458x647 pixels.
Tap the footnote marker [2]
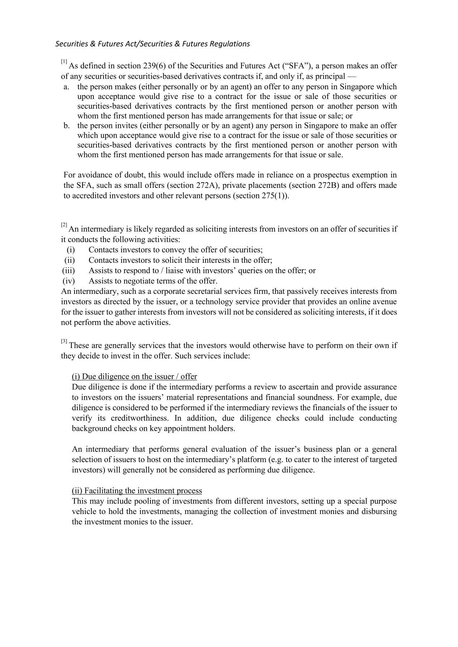click(64, 225)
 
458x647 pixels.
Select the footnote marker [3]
click(64, 341)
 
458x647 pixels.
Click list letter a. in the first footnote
click(66, 87)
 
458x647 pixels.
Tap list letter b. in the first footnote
click(66, 126)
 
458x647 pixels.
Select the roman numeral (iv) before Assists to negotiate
click(69, 281)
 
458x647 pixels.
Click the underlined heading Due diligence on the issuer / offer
click(134, 377)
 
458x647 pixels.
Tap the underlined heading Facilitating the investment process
click(137, 491)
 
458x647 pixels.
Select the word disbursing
click(379, 512)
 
